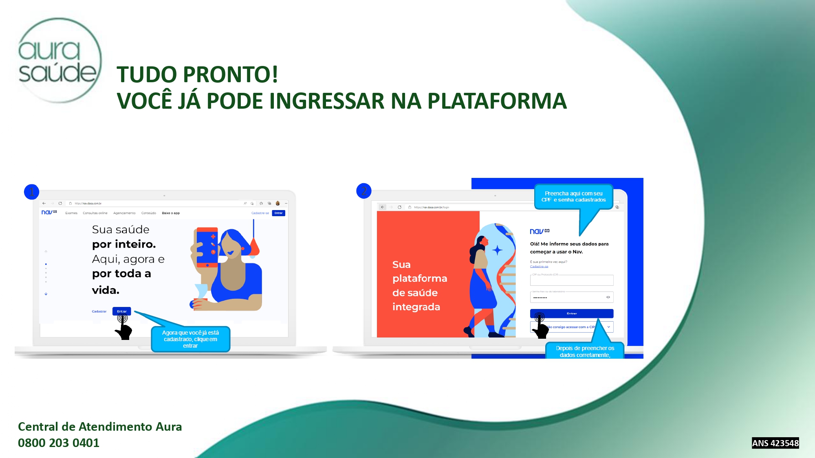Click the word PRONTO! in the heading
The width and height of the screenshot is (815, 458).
230,75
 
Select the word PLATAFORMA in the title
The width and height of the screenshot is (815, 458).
497,101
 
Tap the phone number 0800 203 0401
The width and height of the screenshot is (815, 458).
59,443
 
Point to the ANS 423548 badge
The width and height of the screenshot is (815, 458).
775,443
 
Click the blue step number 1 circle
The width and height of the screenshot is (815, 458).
31,192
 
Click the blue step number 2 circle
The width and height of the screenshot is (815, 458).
363,191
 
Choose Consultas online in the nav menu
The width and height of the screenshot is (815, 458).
95,213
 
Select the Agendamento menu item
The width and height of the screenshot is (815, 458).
124,213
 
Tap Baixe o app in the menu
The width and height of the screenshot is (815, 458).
171,213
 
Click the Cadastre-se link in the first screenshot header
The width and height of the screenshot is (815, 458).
260,213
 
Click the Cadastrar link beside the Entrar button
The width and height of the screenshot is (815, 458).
99,311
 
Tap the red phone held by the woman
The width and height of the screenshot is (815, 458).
207,247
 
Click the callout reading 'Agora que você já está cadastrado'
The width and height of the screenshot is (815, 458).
190,339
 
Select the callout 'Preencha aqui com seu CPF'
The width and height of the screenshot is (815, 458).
573,197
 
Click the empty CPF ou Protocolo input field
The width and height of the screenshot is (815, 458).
571,280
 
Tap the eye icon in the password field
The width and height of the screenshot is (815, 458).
608,297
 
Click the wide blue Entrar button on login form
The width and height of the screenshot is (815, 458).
571,313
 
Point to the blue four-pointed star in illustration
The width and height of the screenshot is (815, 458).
497,250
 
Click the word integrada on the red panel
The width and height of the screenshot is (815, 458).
416,307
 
